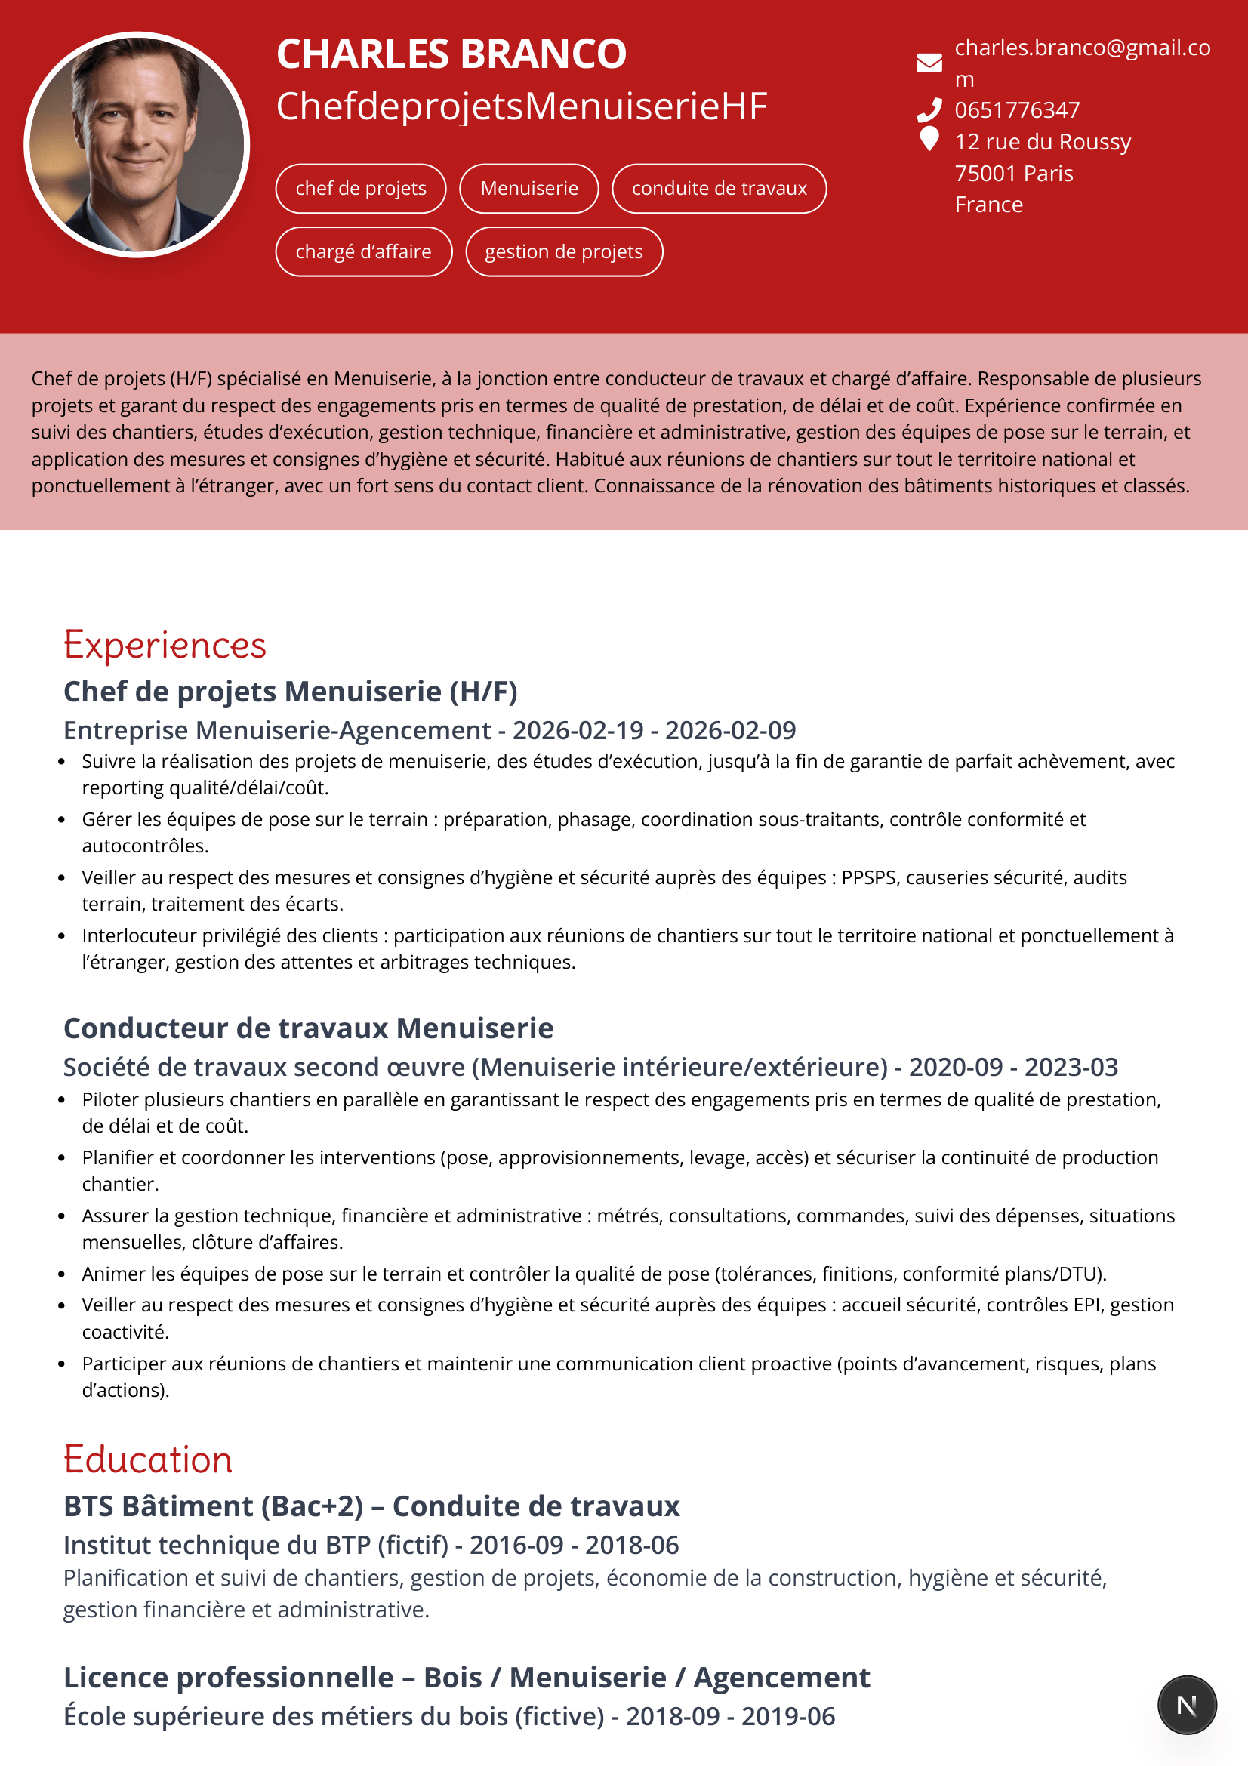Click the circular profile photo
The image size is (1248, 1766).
(x=137, y=145)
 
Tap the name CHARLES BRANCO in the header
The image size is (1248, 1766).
(x=451, y=54)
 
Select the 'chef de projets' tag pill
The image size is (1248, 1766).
(x=361, y=189)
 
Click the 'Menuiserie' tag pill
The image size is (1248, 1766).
(x=529, y=189)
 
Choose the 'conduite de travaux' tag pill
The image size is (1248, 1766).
(x=719, y=189)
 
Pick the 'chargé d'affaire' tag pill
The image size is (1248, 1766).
(x=364, y=251)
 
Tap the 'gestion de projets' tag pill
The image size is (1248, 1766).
(x=564, y=251)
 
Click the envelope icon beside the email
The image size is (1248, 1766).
(x=929, y=63)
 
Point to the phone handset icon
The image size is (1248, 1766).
(x=929, y=111)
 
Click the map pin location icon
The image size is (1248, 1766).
(x=929, y=139)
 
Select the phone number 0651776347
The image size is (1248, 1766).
(x=1016, y=111)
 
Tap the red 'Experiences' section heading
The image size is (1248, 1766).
(x=165, y=645)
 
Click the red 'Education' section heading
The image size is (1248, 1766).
(x=148, y=1459)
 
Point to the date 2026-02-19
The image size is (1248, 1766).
(x=578, y=730)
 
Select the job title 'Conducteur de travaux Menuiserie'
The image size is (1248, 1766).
(x=308, y=1028)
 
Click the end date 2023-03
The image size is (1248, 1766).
(x=1071, y=1067)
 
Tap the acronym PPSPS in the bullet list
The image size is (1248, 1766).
(x=868, y=877)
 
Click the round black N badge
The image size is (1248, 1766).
(x=1187, y=1706)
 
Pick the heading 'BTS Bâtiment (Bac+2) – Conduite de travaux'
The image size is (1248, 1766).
(x=371, y=1506)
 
